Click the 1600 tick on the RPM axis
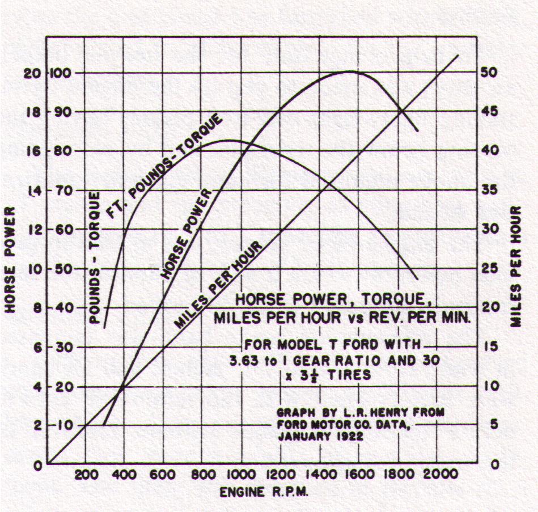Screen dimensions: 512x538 click(x=359, y=475)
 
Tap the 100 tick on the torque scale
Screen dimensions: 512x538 click(x=60, y=73)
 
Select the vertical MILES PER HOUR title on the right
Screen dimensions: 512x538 click(x=515, y=266)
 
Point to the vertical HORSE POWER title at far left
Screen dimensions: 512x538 click(x=11, y=259)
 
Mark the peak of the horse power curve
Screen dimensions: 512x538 click(x=350, y=71)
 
